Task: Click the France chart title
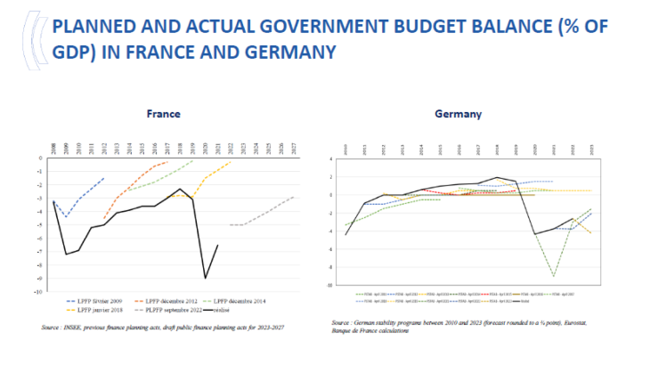(x=164, y=114)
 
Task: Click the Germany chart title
(x=459, y=114)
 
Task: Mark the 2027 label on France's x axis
(x=293, y=148)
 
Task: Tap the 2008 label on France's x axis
(x=53, y=148)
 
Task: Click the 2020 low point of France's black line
(x=206, y=279)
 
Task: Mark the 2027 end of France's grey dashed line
(x=293, y=198)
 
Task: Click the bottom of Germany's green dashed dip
(x=553, y=276)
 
